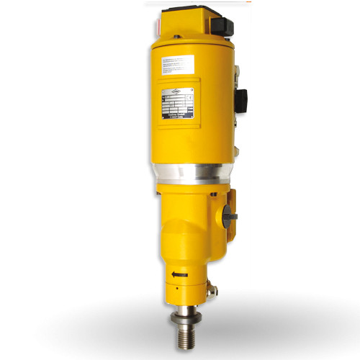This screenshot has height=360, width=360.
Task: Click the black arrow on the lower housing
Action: click(x=180, y=274)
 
